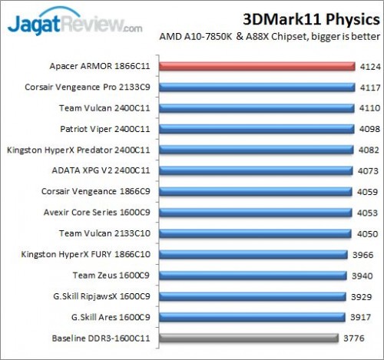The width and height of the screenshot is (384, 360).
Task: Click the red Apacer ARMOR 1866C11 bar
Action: [x=257, y=67]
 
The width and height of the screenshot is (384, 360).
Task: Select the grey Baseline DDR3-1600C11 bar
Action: [x=248, y=337]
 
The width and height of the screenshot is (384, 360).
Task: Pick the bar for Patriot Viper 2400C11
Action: [x=256, y=129]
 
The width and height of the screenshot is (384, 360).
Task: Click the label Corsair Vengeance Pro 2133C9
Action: [x=94, y=88]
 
